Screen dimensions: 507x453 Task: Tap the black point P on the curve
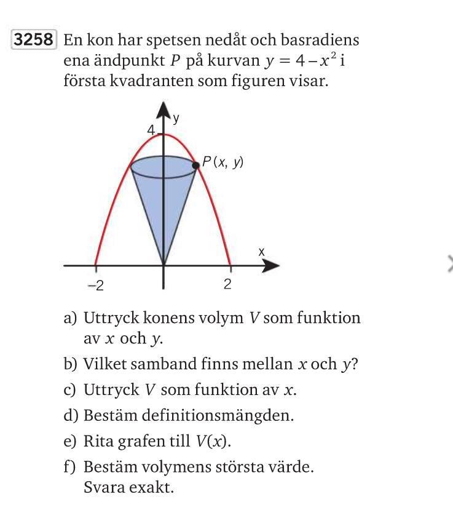pyautogui.click(x=196, y=164)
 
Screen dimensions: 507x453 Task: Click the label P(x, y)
pyautogui.click(x=223, y=162)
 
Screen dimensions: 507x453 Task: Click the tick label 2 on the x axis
pyautogui.click(x=227, y=284)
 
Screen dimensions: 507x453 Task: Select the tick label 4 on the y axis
pyautogui.click(x=150, y=130)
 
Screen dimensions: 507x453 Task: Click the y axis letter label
pyautogui.click(x=176, y=119)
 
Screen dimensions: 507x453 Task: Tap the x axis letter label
pyautogui.click(x=261, y=252)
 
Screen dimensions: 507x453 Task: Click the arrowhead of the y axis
pyautogui.click(x=163, y=111)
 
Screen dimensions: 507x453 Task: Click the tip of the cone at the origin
pyautogui.click(x=163, y=265)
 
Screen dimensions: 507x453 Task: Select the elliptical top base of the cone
pyautogui.click(x=163, y=166)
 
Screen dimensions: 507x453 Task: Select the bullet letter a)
pyautogui.click(x=70, y=318)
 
